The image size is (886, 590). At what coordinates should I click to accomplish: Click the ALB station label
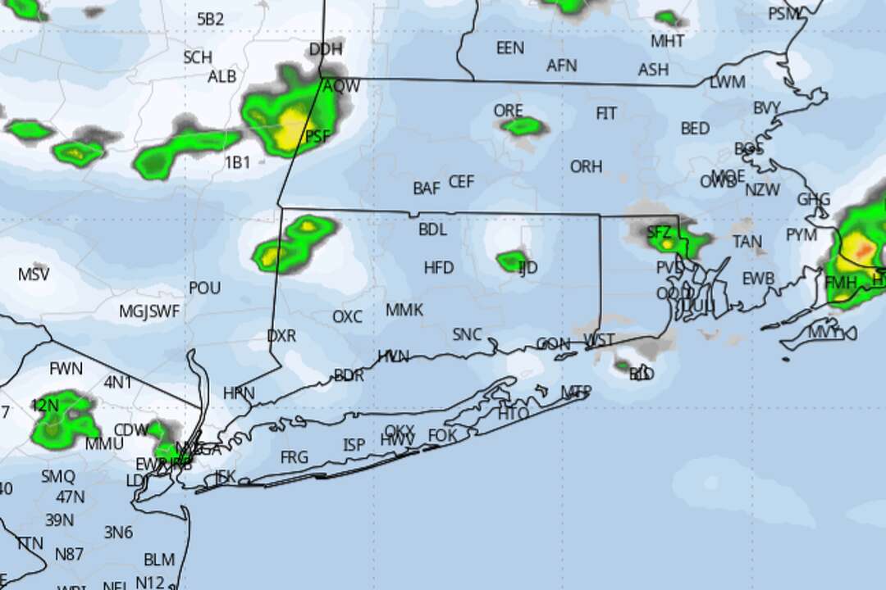pos(221,76)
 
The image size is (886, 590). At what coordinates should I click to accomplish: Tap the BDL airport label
pos(432,229)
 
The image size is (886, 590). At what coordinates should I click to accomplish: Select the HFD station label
pos(439,267)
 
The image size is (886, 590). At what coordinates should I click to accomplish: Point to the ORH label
pos(586,166)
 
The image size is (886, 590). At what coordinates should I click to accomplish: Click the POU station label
pos(204,288)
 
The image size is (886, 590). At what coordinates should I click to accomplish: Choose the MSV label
pos(33,274)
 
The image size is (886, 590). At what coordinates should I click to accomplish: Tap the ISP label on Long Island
pos(354,445)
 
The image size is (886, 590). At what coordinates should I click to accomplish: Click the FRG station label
pos(295,456)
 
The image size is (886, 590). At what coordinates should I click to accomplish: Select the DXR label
pos(281,336)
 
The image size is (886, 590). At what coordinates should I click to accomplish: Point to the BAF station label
pos(427,188)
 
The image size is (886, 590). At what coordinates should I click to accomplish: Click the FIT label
pos(606,113)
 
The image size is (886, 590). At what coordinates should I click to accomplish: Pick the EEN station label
pos(509,48)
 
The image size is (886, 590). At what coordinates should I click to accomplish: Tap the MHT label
pos(667,41)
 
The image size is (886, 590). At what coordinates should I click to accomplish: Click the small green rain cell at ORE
pos(523,126)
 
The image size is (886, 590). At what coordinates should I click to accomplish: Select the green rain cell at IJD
pos(511,261)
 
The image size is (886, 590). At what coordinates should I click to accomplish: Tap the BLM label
pos(159,560)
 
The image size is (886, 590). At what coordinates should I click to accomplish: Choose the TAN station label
pos(747,242)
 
